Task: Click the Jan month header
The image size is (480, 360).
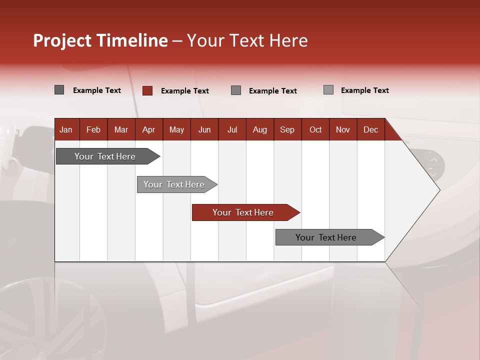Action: (66, 130)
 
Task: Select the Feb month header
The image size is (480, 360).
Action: (93, 130)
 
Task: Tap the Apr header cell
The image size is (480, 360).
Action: (148, 130)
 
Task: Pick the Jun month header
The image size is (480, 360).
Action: (204, 130)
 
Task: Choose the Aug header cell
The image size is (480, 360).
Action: (259, 130)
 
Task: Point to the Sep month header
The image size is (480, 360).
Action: (287, 130)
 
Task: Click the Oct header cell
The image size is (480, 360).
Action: (315, 130)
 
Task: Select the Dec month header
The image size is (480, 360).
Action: (370, 130)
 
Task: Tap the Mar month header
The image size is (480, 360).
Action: (121, 130)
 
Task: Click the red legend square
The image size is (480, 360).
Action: (147, 90)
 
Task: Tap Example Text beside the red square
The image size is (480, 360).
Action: (184, 91)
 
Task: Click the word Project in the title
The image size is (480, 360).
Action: (62, 40)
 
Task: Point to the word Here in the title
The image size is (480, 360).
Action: (288, 40)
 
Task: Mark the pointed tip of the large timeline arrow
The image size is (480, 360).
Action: (439, 190)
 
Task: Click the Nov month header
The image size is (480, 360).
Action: (343, 130)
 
